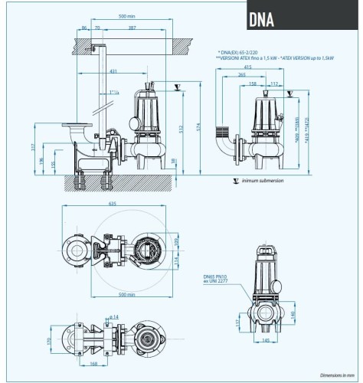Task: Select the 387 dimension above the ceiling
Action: point(133,28)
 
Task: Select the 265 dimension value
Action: point(242,76)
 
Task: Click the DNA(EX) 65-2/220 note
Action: point(244,51)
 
